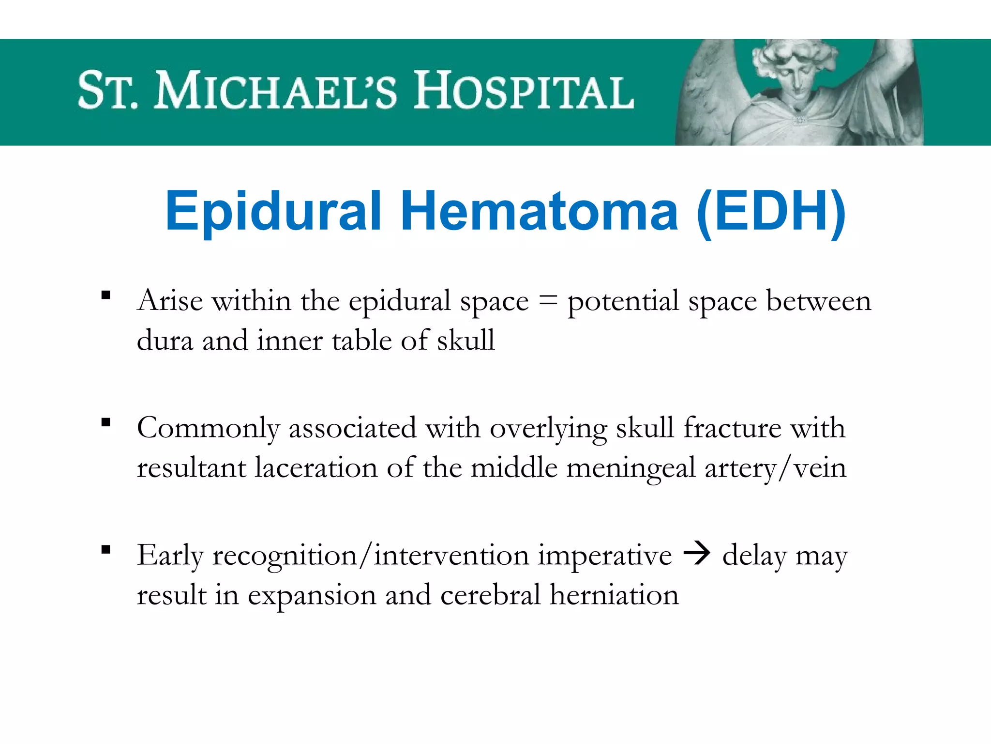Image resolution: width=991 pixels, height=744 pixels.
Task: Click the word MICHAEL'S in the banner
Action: point(276,91)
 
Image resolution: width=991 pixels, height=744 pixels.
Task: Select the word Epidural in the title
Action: point(273,212)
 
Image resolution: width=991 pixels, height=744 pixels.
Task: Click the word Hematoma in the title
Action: point(540,212)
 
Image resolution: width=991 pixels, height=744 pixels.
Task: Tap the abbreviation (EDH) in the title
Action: point(771,212)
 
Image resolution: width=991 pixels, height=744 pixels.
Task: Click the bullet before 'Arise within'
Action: point(106,295)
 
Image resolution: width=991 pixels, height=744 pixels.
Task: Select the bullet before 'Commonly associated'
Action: point(106,422)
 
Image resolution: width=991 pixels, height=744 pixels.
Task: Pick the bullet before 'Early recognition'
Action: point(106,549)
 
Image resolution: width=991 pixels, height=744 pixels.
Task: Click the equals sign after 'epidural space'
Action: point(548,301)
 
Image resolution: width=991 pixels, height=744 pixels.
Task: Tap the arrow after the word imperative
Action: point(697,554)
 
